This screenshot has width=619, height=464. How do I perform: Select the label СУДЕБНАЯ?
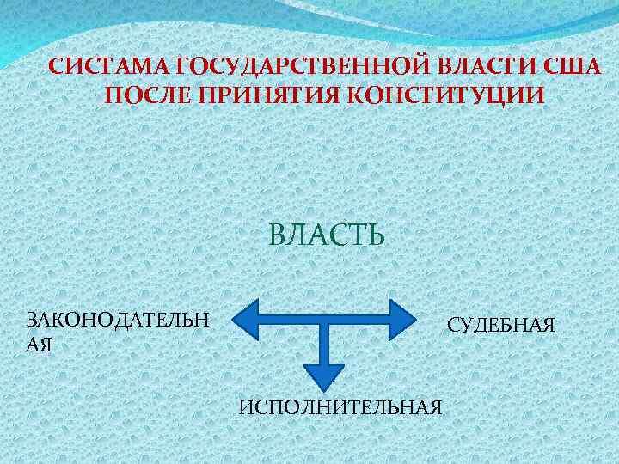[x=501, y=326]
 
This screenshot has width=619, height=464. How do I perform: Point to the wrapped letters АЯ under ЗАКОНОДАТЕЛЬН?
[x=40, y=345]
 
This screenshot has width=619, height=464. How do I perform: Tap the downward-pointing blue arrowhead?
[x=323, y=375]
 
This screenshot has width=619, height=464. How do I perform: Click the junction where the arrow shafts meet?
[x=323, y=321]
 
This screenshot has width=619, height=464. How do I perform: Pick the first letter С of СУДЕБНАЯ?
[x=452, y=326]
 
